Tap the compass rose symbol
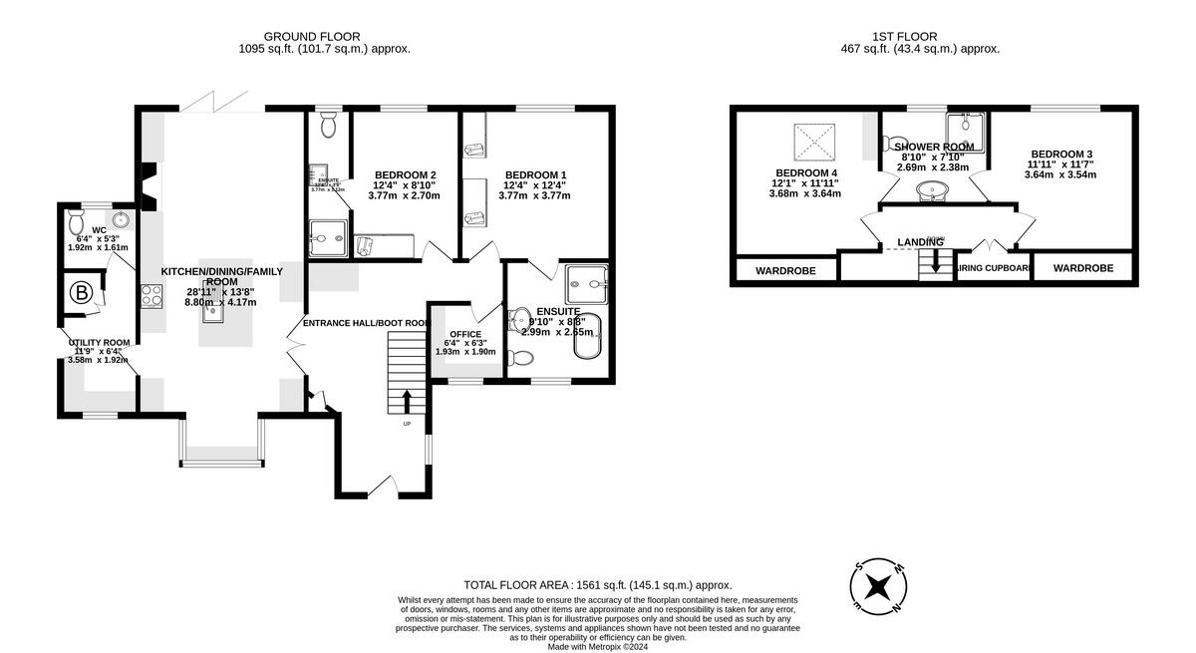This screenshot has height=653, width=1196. coord(877,585)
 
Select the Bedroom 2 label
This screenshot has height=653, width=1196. coord(405,174)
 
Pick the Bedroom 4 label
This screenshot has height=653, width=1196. coord(805,171)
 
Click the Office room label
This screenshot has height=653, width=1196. coord(464,334)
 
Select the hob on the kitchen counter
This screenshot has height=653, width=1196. coord(150,296)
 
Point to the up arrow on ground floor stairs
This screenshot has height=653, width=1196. coord(407,402)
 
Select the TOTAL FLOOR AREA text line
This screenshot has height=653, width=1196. coord(598,585)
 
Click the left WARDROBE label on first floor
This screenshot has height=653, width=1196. coord(785,270)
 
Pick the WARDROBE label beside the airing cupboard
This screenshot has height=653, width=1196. coord(1082,268)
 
